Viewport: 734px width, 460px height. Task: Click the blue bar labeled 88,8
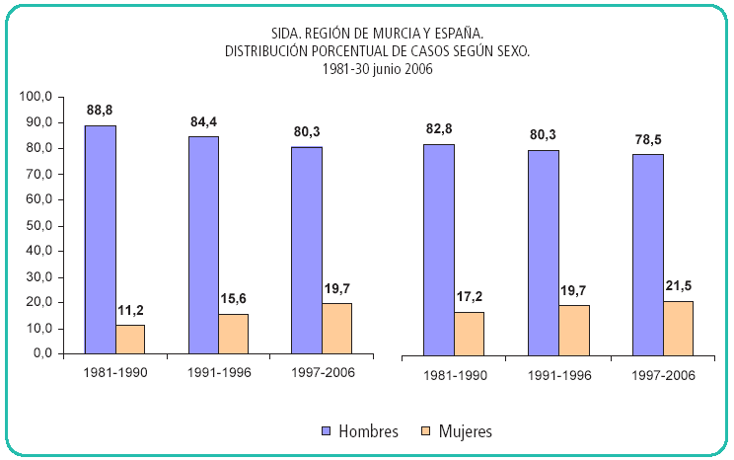(x=100, y=239)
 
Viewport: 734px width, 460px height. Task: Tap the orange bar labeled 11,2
(x=130, y=339)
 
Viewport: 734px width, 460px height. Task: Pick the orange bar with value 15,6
(x=234, y=334)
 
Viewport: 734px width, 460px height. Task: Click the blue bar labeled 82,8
(x=439, y=249)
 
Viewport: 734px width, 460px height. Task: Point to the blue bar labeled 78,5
(x=647, y=254)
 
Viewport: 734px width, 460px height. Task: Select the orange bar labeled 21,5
(x=678, y=328)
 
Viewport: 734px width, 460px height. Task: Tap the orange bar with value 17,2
(x=470, y=333)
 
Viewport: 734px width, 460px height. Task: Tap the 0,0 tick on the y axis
(x=41, y=353)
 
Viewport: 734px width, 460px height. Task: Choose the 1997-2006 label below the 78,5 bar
(x=662, y=376)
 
